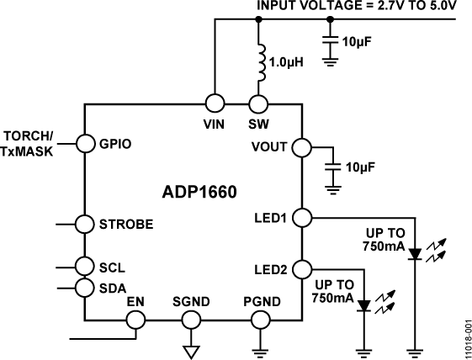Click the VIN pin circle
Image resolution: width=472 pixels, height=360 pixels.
[x=215, y=103]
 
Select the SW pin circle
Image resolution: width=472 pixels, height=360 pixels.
[x=258, y=103]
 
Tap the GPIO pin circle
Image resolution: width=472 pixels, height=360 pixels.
[x=85, y=143]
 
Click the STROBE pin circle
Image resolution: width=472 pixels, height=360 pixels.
[x=85, y=225]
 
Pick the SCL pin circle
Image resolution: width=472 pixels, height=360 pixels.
[x=85, y=267]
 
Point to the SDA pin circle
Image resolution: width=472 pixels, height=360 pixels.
[x=85, y=288]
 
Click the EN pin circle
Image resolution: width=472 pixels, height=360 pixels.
[x=135, y=320]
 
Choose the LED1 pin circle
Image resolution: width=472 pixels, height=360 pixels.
[x=301, y=218]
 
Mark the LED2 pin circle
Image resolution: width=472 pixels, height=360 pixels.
[x=301, y=269]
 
